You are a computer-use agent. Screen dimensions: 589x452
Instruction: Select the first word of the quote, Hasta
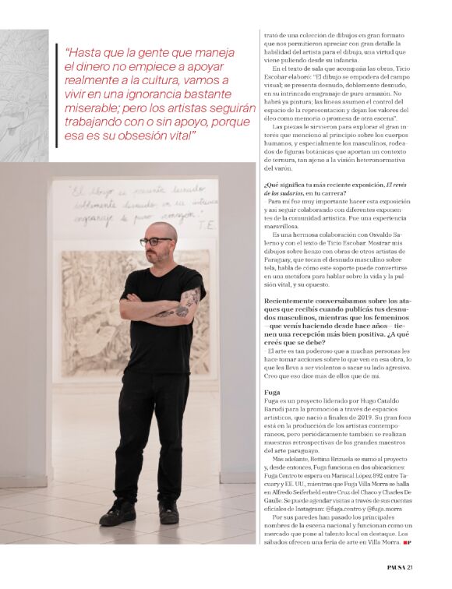(85, 52)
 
